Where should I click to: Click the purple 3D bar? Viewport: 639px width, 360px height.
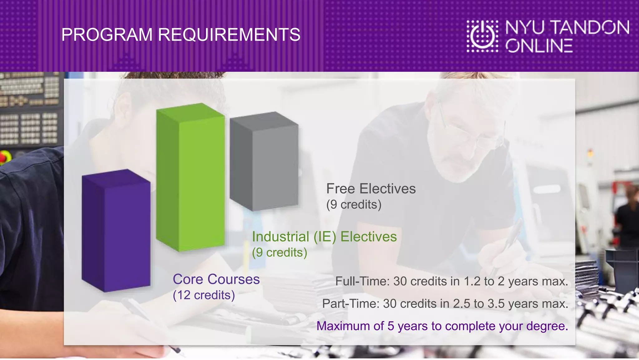[x=116, y=231]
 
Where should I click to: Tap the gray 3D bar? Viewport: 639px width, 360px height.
[x=264, y=161]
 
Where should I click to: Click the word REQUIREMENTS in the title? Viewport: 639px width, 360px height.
[x=229, y=35]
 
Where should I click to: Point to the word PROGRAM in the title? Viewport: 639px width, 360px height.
[x=107, y=35]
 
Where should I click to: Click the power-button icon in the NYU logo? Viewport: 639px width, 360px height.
[x=482, y=36]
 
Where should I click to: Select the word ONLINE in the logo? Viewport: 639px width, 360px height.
[x=539, y=46]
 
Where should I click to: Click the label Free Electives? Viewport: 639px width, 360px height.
[x=371, y=189]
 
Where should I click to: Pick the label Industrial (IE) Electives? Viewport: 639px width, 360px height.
[x=324, y=237]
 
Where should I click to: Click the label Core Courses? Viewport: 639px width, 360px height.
[x=216, y=279]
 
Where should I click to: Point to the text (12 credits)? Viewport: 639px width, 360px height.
[x=204, y=295]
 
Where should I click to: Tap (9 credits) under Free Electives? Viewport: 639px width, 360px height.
[x=354, y=205]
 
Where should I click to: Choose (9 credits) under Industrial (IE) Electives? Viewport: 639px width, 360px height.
[x=280, y=252]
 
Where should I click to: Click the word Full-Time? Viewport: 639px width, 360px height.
[x=362, y=281]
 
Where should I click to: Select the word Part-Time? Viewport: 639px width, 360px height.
[x=350, y=303]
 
